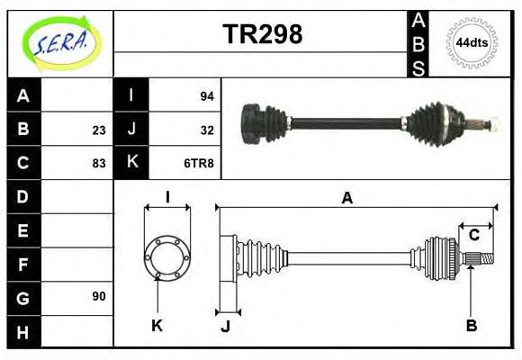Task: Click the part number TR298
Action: coord(262,35)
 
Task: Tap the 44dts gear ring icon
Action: coord(472,42)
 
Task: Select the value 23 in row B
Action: coord(98,130)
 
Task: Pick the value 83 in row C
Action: coord(98,164)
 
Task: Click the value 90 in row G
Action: coord(98,296)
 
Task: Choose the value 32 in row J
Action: coord(206,130)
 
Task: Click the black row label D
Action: coord(23,196)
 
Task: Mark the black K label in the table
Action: coord(131,164)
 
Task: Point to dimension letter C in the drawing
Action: coord(473,235)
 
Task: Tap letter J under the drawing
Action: coord(226,327)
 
